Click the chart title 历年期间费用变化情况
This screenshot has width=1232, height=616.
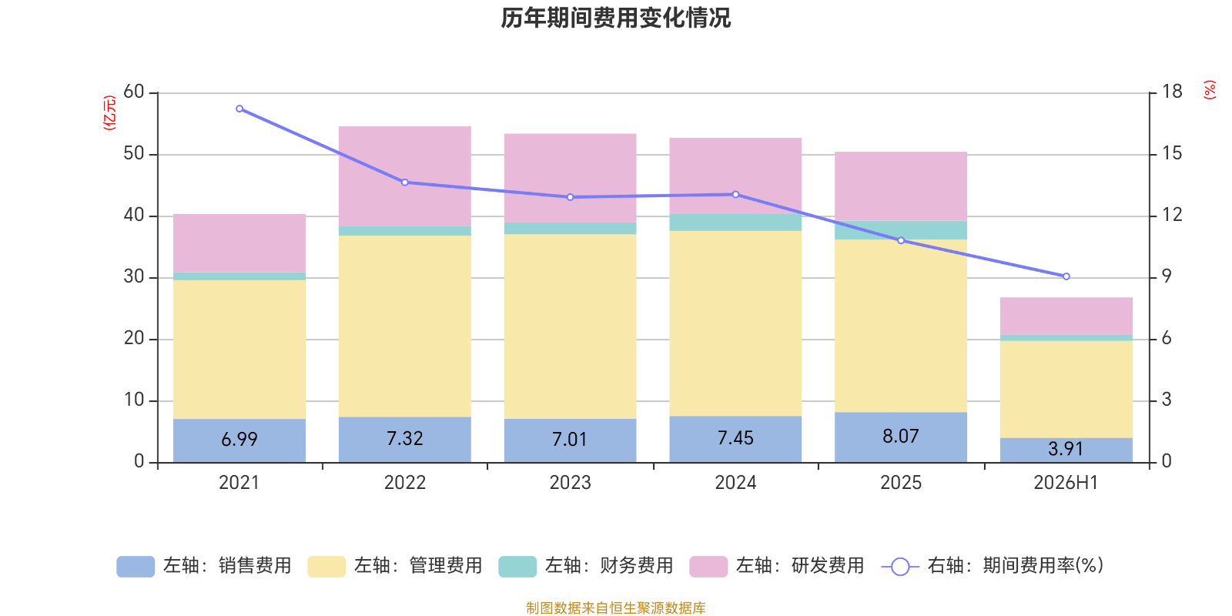[x=615, y=18]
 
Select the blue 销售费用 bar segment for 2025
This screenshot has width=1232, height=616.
[x=900, y=437]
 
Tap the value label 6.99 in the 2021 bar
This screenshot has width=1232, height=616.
[x=239, y=440]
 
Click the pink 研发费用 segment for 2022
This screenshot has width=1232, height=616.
[x=405, y=176]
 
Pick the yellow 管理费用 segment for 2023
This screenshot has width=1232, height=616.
[x=571, y=326]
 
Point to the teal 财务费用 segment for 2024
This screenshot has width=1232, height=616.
[x=735, y=223]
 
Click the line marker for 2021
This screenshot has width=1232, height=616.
[x=239, y=109]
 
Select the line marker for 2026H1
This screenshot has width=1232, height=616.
[x=1066, y=276]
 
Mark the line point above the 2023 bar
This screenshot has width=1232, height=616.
[x=571, y=197]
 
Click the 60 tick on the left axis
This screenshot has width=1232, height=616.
[x=134, y=92]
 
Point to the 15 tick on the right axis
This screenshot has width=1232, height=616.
[x=1171, y=153]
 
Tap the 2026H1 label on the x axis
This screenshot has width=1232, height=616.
[x=1066, y=482]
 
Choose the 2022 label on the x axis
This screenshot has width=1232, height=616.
[x=405, y=482]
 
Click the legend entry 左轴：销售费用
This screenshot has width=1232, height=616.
[x=204, y=566]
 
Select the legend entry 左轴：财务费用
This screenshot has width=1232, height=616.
[x=586, y=566]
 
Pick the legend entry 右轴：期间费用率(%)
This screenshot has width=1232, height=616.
[x=993, y=566]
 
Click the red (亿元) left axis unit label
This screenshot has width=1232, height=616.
[x=109, y=112]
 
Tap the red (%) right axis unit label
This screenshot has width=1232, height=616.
[x=1210, y=89]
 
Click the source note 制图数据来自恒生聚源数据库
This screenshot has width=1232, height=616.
[x=615, y=608]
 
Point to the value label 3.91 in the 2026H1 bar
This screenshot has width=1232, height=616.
[x=1066, y=450]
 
